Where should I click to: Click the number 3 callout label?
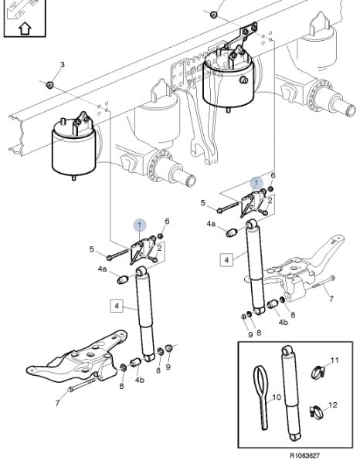pyautogui.click(x=62, y=65)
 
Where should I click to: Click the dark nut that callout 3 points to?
pyautogui.click(x=50, y=85)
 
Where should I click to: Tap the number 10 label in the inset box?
pyautogui.click(x=277, y=397)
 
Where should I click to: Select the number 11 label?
pyautogui.click(x=335, y=360)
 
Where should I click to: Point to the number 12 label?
pyautogui.click(x=333, y=405)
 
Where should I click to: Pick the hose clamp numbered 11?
pyautogui.click(x=318, y=372)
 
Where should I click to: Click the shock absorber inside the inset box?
pyautogui.click(x=291, y=393)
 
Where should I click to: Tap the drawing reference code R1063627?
pyautogui.click(x=304, y=455)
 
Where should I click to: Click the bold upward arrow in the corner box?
pyautogui.click(x=25, y=29)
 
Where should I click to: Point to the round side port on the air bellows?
pyautogui.click(x=243, y=79)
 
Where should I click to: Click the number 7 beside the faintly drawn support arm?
pyautogui.click(x=331, y=299)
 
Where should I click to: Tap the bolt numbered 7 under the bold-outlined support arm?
pyautogui.click(x=82, y=384)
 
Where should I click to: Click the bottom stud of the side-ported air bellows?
pyautogui.click(x=228, y=110)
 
